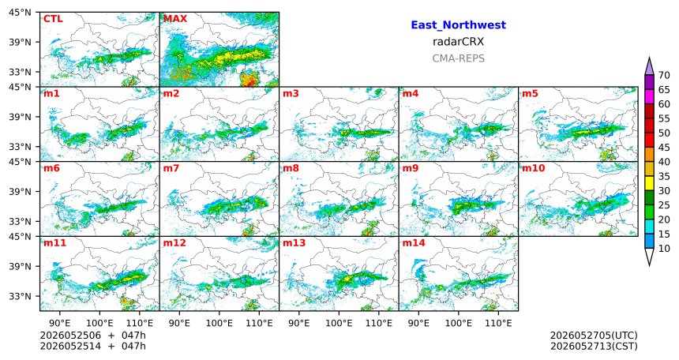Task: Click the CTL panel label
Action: click(x=53, y=19)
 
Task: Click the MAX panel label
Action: click(x=175, y=19)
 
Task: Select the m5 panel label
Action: click(x=531, y=94)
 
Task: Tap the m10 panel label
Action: click(x=533, y=168)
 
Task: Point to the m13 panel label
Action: click(x=294, y=243)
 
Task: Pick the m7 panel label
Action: click(x=171, y=168)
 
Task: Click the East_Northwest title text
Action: click(x=458, y=25)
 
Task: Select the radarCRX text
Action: click(x=458, y=42)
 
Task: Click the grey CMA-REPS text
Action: click(x=458, y=58)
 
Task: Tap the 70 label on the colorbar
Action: click(x=664, y=75)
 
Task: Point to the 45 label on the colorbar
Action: click(x=664, y=148)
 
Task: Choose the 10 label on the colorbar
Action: click(x=664, y=248)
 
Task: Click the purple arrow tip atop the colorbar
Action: click(x=649, y=58)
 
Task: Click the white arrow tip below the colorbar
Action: click(x=649, y=265)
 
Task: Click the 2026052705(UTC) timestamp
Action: click(x=594, y=336)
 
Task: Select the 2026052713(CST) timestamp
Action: click(x=594, y=346)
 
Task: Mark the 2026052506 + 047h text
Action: click(x=92, y=336)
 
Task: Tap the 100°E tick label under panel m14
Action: click(x=459, y=323)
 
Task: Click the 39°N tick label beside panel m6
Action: click(x=21, y=192)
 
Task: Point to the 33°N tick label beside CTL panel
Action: click(x=21, y=72)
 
